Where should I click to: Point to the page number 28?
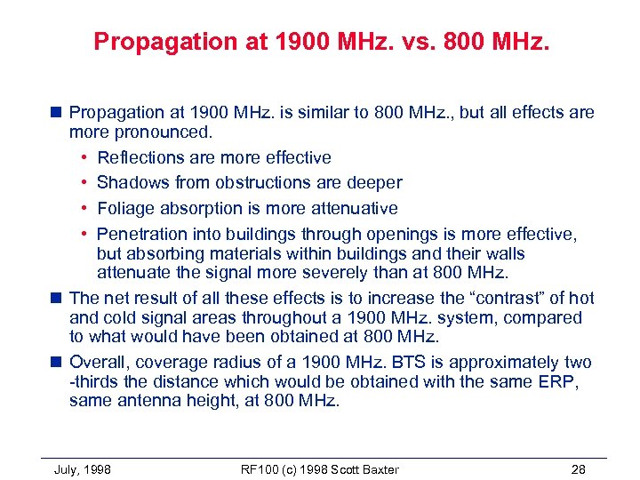tap(579, 469)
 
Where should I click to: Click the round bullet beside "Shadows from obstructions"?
tap(82, 183)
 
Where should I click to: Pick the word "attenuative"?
tap(353, 208)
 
